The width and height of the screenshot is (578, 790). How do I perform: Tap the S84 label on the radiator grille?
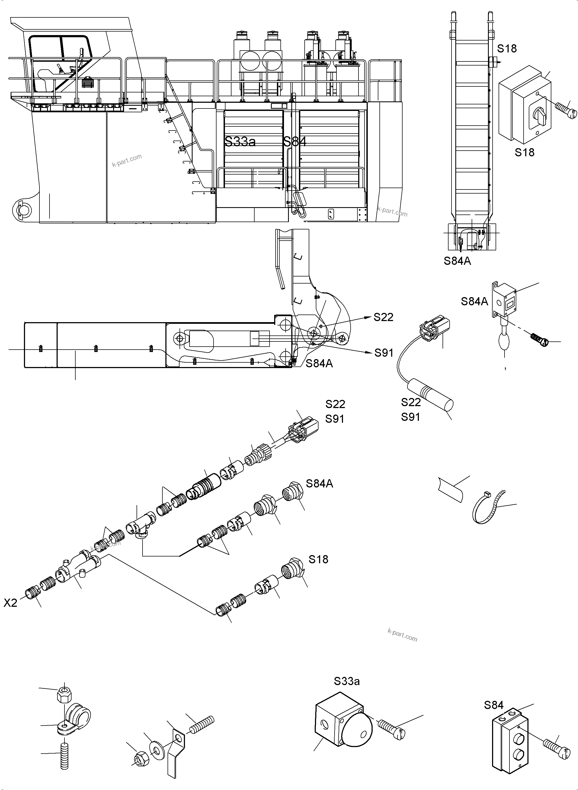click(x=295, y=142)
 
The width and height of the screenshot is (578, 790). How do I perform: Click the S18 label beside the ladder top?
click(x=507, y=49)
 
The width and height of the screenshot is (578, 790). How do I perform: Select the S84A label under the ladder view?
click(x=457, y=261)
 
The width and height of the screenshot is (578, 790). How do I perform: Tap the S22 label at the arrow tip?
click(x=384, y=317)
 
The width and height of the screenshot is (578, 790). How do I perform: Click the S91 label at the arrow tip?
click(x=384, y=353)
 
